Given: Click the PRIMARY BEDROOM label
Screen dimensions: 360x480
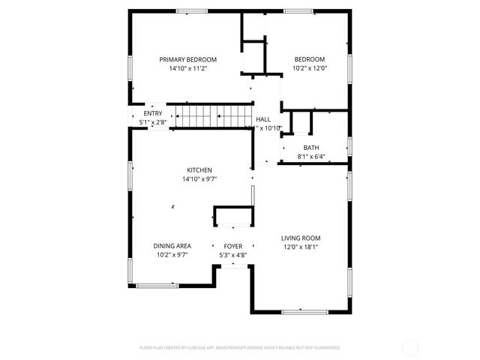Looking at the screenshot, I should tap(187, 59).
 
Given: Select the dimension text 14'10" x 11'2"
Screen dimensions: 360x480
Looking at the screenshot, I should tap(187, 68).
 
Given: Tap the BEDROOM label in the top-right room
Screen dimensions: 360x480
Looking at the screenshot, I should tap(309, 59).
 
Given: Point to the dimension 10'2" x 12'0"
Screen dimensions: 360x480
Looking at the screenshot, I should tap(309, 68).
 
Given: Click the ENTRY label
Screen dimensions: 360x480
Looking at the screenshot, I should tap(153, 113).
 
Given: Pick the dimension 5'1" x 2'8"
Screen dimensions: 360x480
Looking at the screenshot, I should tap(153, 122).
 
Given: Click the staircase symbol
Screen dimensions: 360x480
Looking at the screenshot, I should tap(210, 117).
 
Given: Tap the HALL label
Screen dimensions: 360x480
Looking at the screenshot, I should tap(263, 119).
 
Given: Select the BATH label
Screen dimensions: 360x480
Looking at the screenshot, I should tap(310, 148).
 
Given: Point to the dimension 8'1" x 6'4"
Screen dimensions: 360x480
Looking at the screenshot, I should tap(310, 157).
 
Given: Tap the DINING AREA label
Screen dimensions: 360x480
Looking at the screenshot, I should tap(172, 246).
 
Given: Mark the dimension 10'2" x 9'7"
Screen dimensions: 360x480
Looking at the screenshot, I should tap(172, 255).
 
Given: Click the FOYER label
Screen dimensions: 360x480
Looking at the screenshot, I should tap(233, 246).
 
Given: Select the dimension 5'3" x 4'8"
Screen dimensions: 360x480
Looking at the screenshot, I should tap(233, 255).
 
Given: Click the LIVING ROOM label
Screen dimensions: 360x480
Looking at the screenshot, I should tap(307, 238).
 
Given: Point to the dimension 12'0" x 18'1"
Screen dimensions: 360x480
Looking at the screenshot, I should tap(307, 247).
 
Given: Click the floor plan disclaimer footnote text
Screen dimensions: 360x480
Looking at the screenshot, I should tap(240, 347).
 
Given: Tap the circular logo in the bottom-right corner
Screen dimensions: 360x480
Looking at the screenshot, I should tap(410, 347).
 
